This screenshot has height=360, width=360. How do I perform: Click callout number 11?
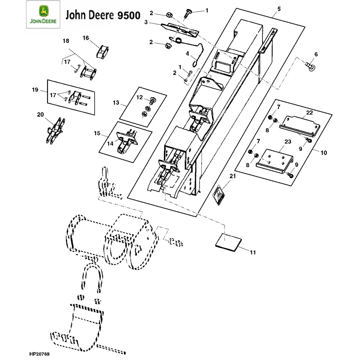[253, 253]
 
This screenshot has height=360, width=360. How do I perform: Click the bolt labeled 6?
[310, 66]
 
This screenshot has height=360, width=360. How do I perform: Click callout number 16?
[86, 38]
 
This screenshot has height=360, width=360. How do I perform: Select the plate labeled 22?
[301, 124]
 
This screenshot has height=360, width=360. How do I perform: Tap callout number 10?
[324, 153]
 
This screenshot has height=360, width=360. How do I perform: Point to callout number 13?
[116, 103]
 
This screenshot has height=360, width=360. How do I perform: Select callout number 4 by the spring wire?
[187, 54]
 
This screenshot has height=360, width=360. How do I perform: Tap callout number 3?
[146, 22]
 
